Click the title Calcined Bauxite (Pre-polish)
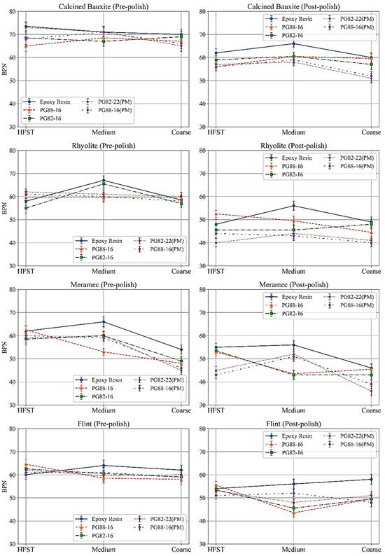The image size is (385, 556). click(104, 6)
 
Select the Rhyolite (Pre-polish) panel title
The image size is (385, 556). click(104, 145)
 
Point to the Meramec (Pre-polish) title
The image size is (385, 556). click(104, 284)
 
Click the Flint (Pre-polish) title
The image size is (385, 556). click(104, 423)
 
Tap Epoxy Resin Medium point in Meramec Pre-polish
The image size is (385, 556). click(104, 322)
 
